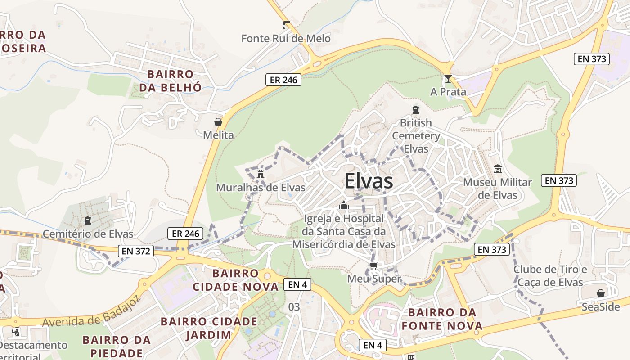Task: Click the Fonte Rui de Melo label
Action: [x=286, y=39]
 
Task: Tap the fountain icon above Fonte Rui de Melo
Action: [x=286, y=25]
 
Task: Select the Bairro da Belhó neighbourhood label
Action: [x=170, y=81]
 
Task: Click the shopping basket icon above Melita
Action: [x=218, y=122]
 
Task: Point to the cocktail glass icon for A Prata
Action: [x=448, y=79]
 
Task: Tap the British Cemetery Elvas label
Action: [x=416, y=135]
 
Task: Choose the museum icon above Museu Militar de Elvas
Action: [x=497, y=169]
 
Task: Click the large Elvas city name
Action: [x=369, y=181]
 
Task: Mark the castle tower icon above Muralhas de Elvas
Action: [x=260, y=174]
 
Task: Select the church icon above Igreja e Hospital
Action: [x=344, y=206]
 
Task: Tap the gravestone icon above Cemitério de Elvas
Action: [x=88, y=220]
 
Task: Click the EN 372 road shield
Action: [x=136, y=251]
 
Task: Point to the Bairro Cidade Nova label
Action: [x=236, y=280]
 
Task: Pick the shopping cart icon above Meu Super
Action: [x=373, y=265]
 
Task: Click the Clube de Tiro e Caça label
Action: [x=550, y=276]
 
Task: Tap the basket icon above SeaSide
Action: [x=600, y=294]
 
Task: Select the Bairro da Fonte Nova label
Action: [x=442, y=319]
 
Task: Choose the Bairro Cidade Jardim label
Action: [x=209, y=328]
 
